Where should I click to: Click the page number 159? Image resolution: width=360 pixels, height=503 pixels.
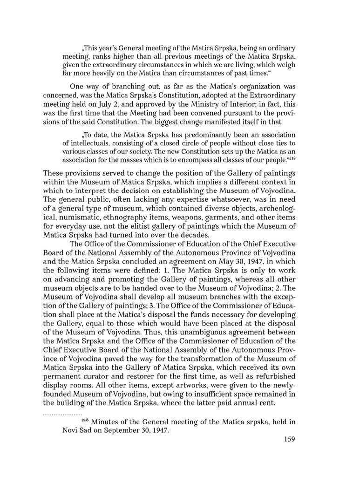pos(289,439)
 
